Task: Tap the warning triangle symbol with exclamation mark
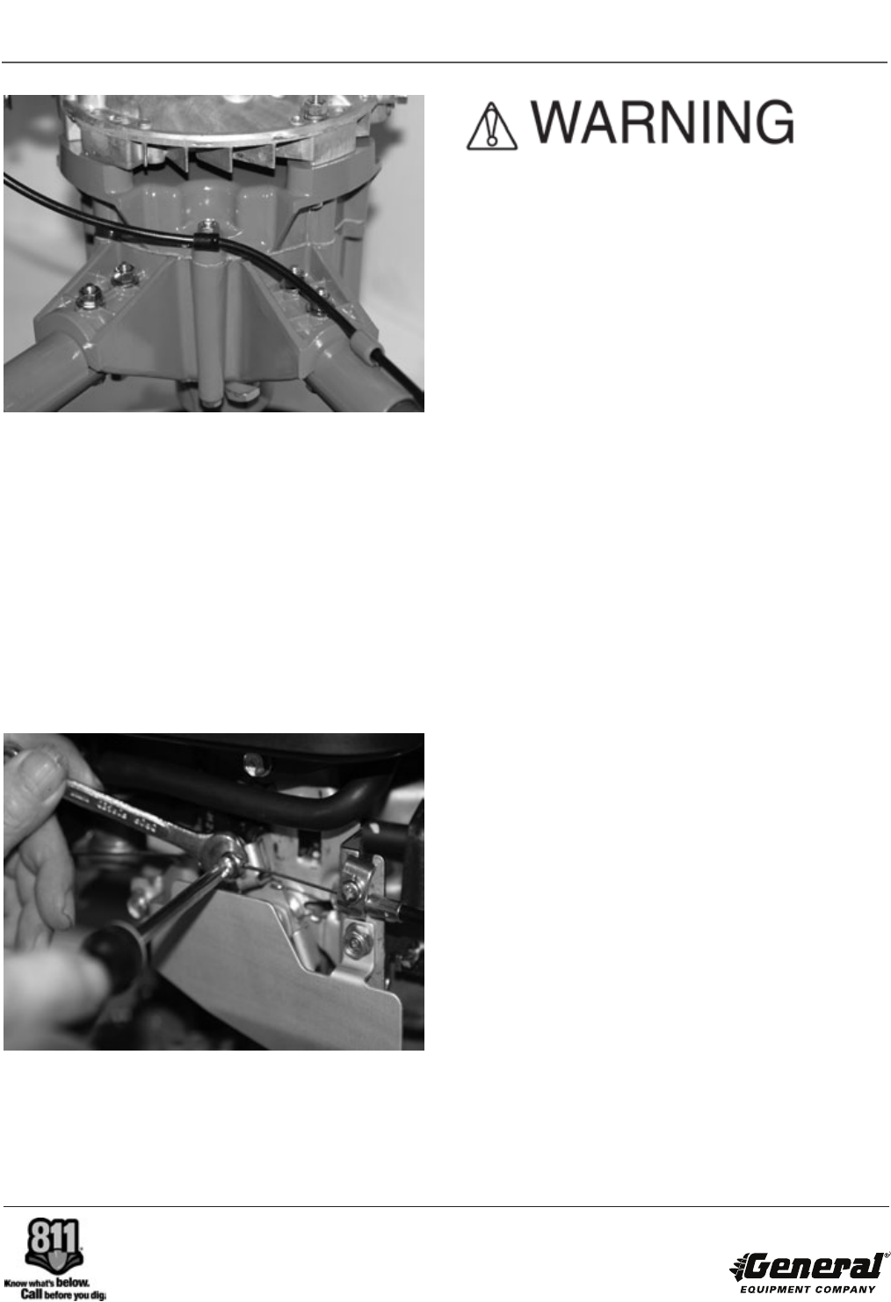491,127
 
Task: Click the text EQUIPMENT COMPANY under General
808,1289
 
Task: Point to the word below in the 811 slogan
73,1281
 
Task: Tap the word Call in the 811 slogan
32,1293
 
